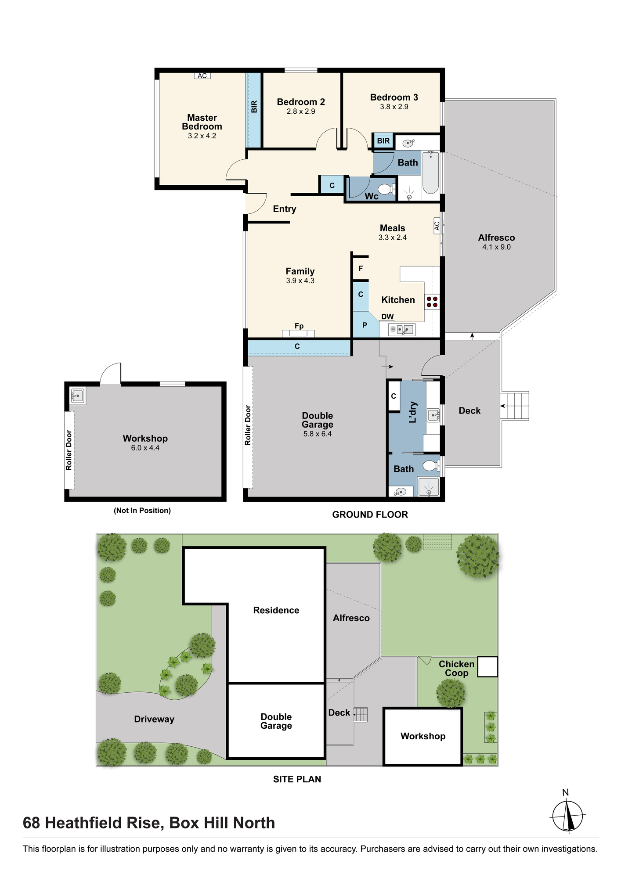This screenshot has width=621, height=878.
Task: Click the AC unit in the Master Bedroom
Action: coord(202,76)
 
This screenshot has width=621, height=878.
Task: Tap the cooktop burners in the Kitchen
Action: coord(432,302)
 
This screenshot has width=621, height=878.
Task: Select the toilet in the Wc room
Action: coord(385,189)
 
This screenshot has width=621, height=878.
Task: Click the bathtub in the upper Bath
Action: coord(430,172)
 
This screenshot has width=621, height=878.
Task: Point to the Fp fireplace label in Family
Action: coord(299,326)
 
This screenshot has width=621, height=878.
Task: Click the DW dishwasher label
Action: coord(387,317)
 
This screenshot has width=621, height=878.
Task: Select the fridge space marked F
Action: coord(361,269)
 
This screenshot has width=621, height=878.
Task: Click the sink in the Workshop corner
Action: coord(78,396)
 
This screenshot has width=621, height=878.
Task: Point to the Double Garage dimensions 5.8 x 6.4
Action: coord(318,434)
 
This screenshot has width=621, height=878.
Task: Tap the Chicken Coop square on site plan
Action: coord(487,666)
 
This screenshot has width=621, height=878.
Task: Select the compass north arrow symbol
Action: coord(567,815)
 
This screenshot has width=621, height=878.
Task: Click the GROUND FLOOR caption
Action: coord(370,515)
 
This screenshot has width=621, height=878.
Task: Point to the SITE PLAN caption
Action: coord(297,779)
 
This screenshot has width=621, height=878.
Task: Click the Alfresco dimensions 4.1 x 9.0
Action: coord(496,247)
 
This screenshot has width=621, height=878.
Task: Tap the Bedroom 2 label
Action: coord(301,102)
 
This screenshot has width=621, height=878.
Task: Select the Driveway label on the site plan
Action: coord(154,719)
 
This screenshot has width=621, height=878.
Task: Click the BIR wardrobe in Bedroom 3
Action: coord(383,141)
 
